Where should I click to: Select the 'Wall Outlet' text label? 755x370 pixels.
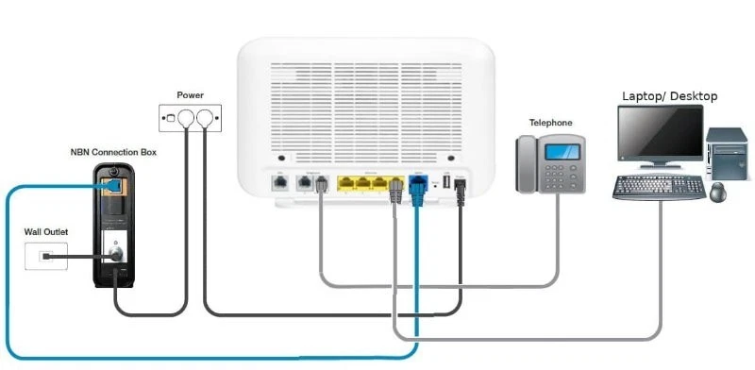(x=46, y=231)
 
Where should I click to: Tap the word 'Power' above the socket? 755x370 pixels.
(x=190, y=95)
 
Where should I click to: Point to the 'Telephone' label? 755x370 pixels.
(x=551, y=123)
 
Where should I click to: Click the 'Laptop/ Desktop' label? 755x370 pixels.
(x=669, y=96)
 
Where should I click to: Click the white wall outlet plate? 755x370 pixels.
(x=46, y=256)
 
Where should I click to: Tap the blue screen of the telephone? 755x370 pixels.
(x=563, y=150)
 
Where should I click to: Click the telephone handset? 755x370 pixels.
(x=527, y=164)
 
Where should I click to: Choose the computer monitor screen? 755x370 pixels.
(x=660, y=134)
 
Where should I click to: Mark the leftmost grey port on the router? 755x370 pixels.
(x=280, y=182)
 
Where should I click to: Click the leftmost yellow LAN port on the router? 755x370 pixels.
(x=345, y=181)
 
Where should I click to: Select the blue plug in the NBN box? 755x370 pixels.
(x=114, y=186)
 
